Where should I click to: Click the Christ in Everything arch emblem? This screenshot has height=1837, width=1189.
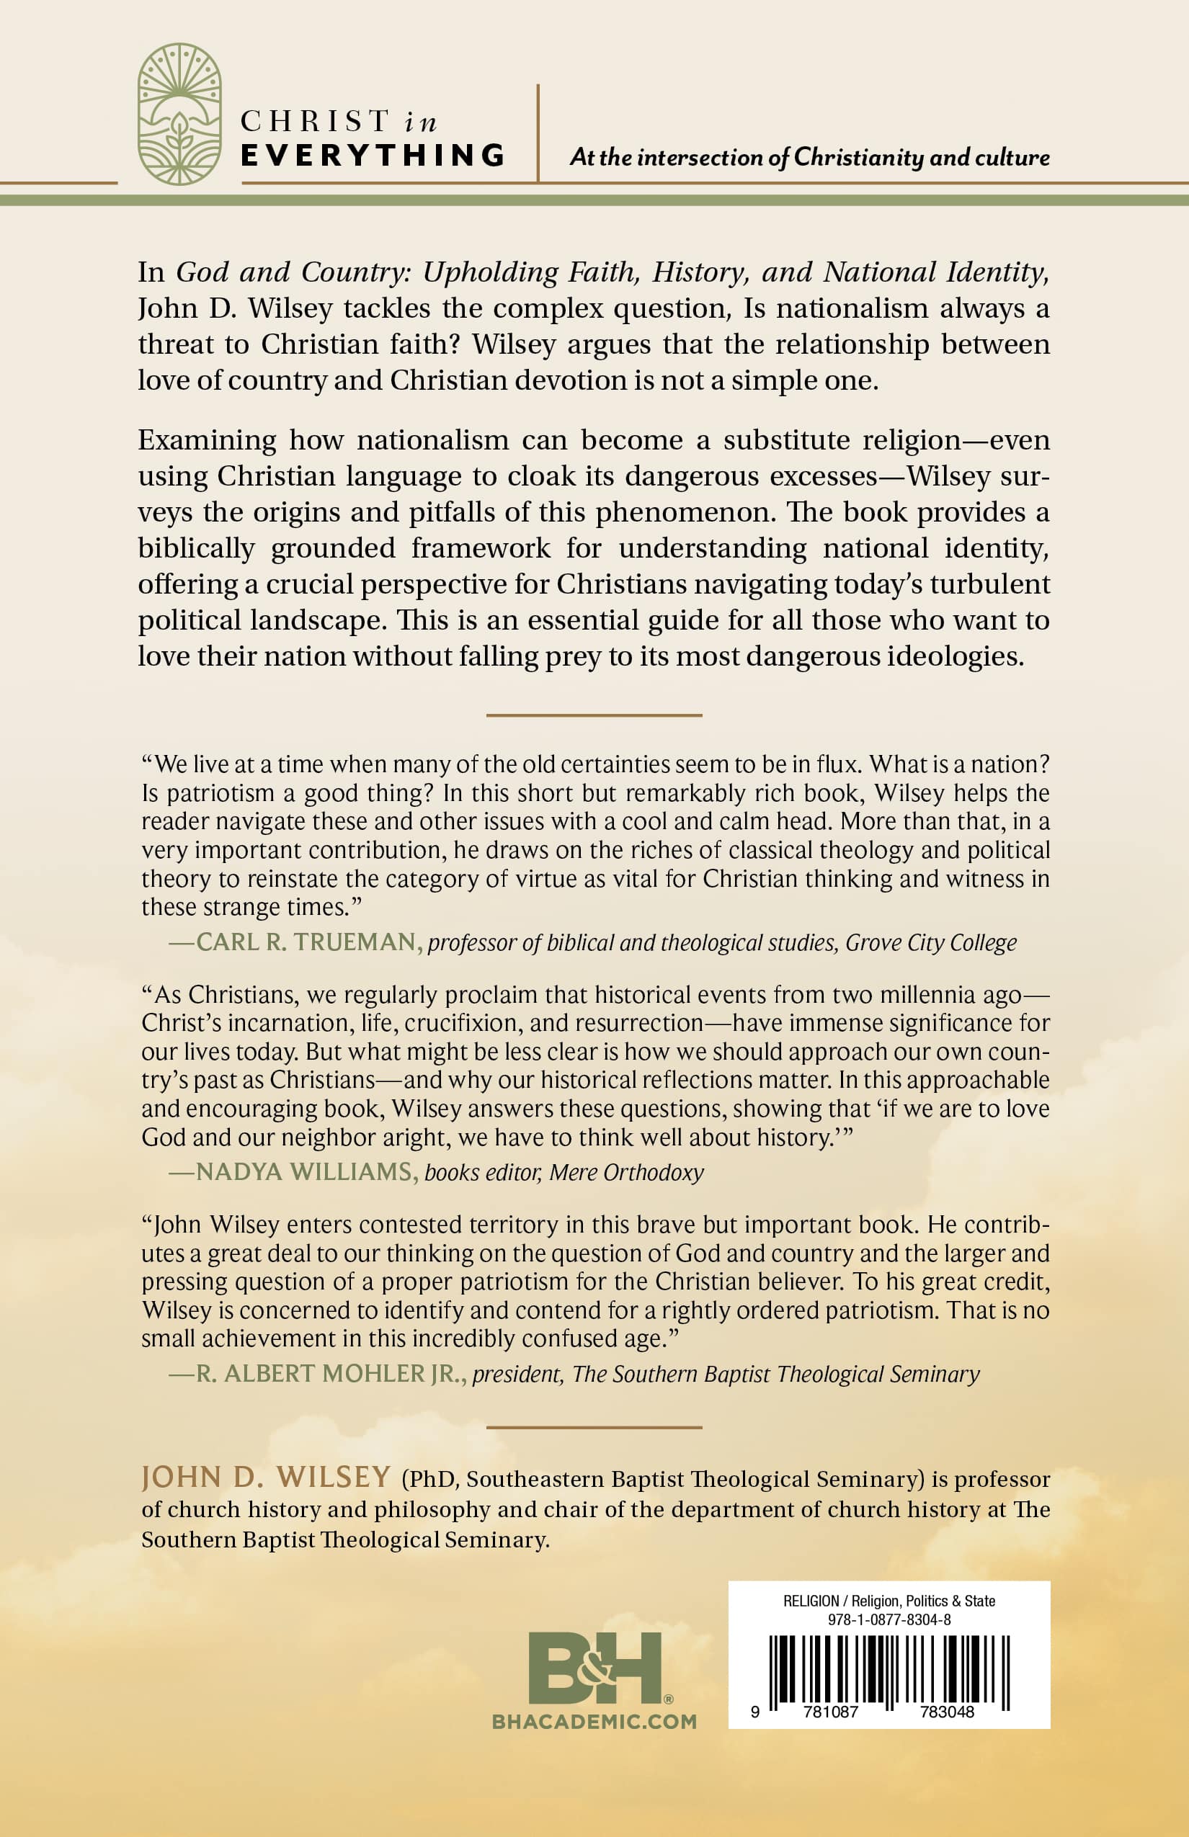click(x=180, y=115)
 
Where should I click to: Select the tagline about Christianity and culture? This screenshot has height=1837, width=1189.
click(x=809, y=158)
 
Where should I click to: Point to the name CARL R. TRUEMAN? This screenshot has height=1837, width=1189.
click(x=306, y=942)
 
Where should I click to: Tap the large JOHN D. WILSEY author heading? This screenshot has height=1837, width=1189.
click(x=267, y=1478)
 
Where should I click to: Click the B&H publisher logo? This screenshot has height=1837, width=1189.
click(x=595, y=1668)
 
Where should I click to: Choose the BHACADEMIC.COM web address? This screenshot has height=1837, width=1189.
click(x=594, y=1722)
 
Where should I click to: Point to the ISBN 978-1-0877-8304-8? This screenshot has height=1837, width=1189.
click(x=889, y=1619)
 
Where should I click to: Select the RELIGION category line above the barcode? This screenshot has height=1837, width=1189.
click(x=889, y=1601)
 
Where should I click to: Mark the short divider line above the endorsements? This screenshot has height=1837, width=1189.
click(x=594, y=715)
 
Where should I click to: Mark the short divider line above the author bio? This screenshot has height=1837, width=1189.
click(x=594, y=1427)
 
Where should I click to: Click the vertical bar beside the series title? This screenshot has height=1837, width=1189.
click(x=538, y=133)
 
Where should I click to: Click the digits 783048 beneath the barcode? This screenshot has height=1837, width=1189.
click(x=947, y=1711)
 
